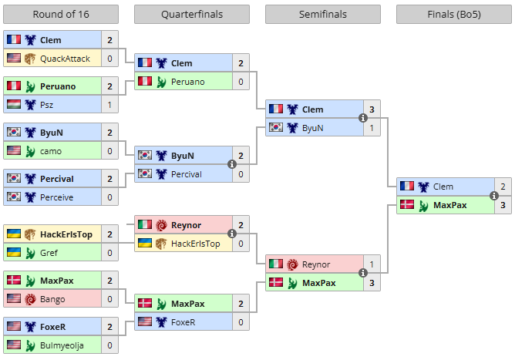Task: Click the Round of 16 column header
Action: coord(61,14)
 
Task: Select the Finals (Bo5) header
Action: coord(454,14)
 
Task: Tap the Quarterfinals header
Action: coord(192,14)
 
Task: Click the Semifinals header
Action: coord(323,14)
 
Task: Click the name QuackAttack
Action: coord(65,59)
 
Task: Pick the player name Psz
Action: coord(46,105)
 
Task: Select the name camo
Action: coord(51,151)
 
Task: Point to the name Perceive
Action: coord(56,197)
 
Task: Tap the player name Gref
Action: coord(49,253)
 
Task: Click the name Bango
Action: coord(52,299)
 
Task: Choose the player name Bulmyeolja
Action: coord(62,345)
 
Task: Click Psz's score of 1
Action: coord(109,105)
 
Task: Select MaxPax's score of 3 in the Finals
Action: coord(503,205)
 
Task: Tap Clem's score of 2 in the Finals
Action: coord(503,187)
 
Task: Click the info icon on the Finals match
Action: coord(493,196)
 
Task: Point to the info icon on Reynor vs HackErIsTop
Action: coord(232,234)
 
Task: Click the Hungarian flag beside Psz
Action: coord(14,104)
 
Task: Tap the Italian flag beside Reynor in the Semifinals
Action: coord(276,264)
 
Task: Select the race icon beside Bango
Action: coord(30,299)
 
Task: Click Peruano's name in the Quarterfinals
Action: coord(188,82)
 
